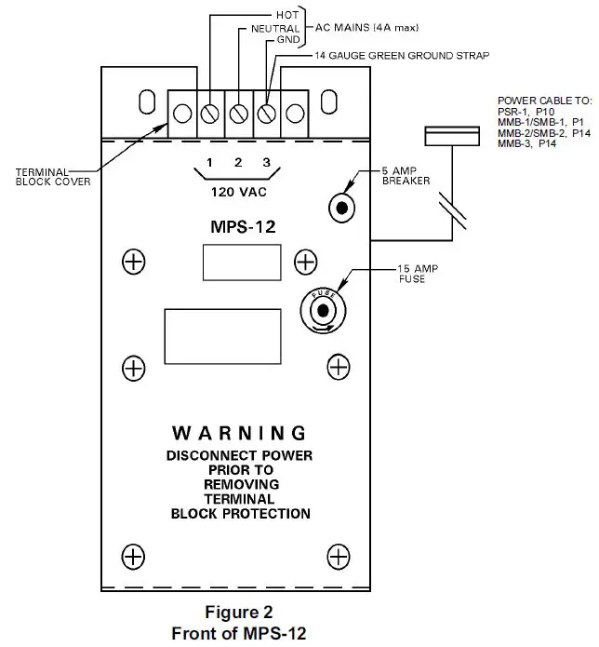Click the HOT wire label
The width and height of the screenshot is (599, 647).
[287, 16]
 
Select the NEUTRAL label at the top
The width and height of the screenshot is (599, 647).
[275, 29]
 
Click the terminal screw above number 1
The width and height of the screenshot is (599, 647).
[211, 114]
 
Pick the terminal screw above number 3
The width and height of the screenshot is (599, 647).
[267, 114]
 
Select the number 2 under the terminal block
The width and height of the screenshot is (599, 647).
[238, 164]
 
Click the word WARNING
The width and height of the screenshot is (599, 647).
[239, 433]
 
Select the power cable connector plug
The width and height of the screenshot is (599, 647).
[451, 137]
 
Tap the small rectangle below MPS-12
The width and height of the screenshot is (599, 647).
[242, 262]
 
